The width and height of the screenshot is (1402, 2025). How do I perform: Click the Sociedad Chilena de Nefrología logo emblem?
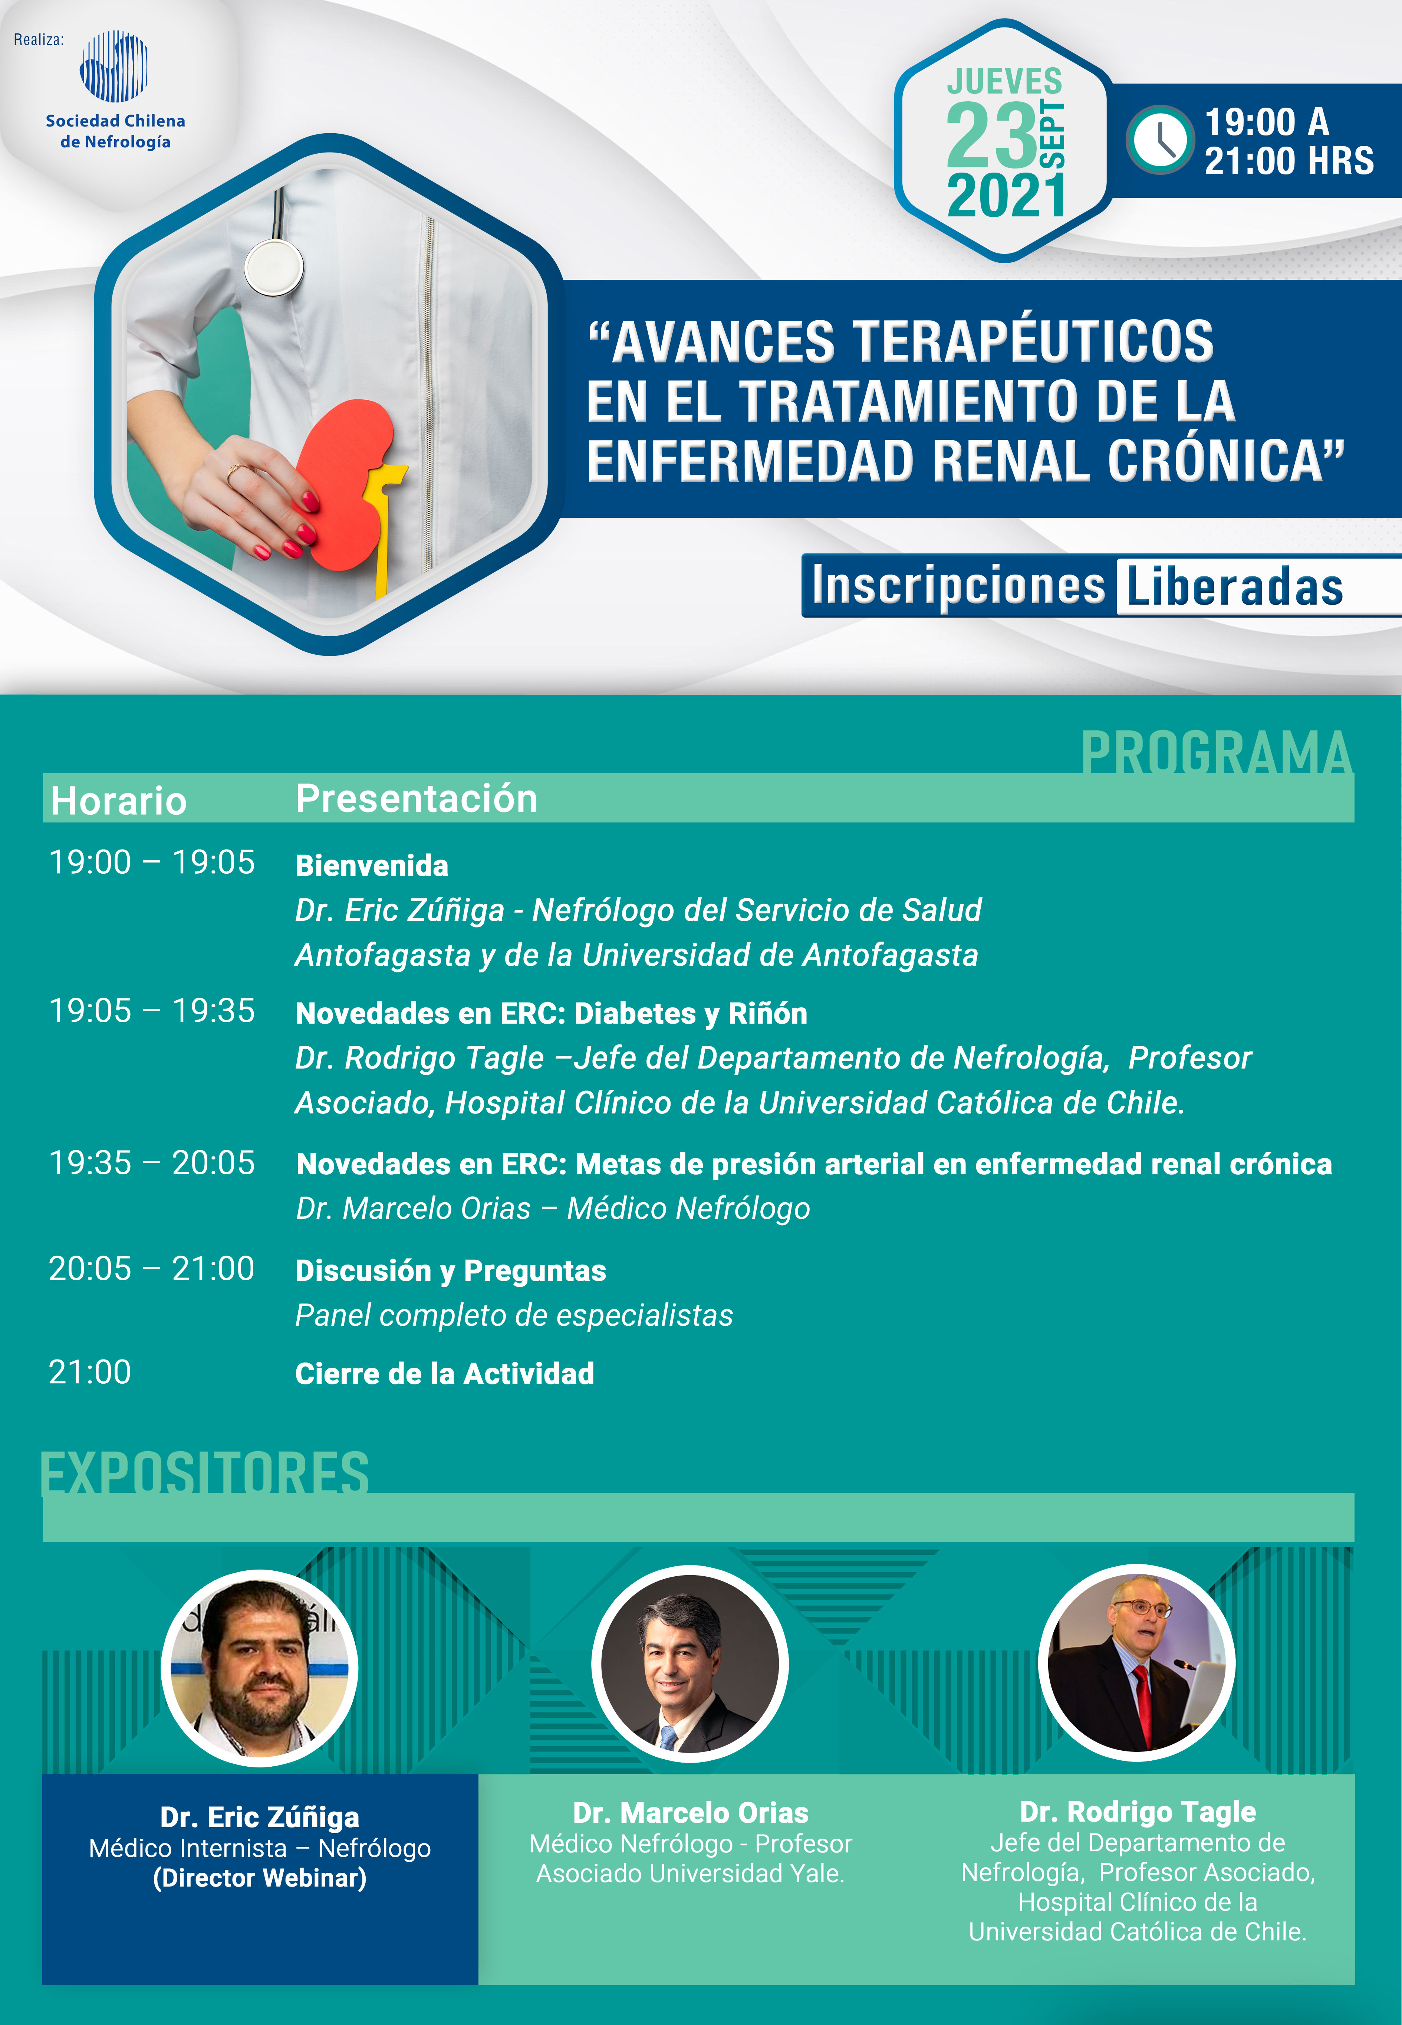(114, 67)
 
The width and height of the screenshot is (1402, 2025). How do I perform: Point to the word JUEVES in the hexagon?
(1004, 82)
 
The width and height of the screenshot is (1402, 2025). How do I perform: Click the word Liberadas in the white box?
(1234, 587)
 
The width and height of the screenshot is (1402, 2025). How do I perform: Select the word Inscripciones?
(958, 585)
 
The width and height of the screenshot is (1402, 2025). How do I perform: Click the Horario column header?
(119, 801)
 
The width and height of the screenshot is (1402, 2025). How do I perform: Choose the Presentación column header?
(417, 798)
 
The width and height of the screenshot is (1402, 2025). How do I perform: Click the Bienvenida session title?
(372, 866)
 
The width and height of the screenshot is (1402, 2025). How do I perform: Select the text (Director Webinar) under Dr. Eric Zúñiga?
(260, 1878)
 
